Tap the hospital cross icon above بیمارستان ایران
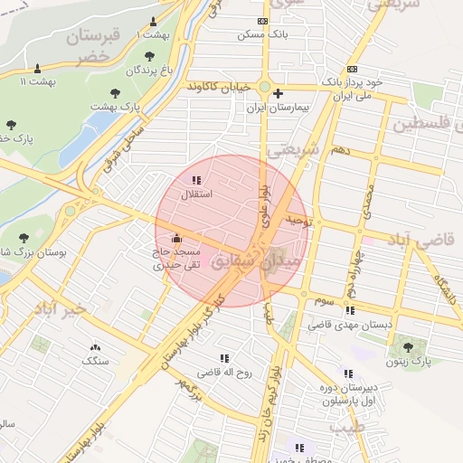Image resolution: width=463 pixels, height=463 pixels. point(278,93)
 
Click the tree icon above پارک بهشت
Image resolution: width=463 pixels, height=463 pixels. point(115,93)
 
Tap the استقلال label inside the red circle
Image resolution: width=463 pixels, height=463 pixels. point(197,194)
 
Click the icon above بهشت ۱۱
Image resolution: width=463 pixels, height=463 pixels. point(37,69)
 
